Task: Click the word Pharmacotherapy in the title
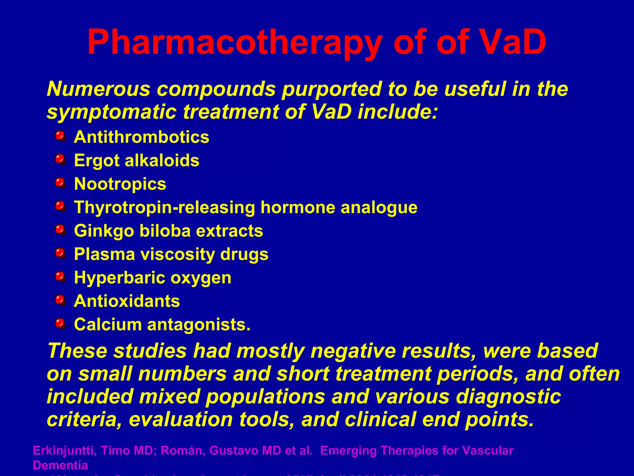click(x=234, y=42)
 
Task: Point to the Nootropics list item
click(x=120, y=184)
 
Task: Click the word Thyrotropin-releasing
click(x=164, y=207)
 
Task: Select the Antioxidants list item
click(x=127, y=301)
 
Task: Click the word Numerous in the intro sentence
click(x=98, y=89)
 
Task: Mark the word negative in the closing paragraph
click(x=353, y=351)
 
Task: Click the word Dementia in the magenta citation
click(x=60, y=465)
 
